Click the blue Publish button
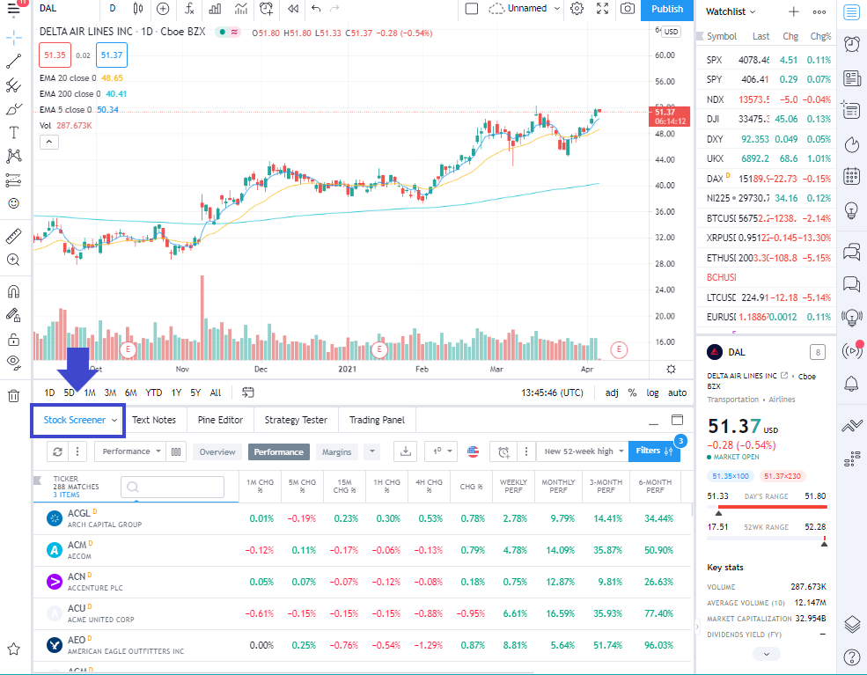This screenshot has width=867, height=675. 666,9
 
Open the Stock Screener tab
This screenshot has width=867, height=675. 75,421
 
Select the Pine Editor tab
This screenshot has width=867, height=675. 220,421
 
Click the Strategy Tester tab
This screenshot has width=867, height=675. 296,421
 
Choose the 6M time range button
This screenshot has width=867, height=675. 130,393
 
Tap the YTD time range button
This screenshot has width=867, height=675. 154,393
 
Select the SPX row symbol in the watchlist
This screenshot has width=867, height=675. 715,60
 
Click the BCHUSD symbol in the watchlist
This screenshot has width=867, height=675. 721,277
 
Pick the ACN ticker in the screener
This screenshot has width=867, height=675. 77,577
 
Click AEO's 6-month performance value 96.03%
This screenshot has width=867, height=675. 654,645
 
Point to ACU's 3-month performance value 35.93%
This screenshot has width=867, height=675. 606,613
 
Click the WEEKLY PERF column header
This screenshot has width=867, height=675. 513,486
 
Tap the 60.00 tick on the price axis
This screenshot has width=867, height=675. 665,55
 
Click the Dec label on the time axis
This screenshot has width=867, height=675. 261,371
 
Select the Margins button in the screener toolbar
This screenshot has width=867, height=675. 336,451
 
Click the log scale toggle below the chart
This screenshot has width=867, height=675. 652,393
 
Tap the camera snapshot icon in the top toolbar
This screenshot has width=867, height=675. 627,9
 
